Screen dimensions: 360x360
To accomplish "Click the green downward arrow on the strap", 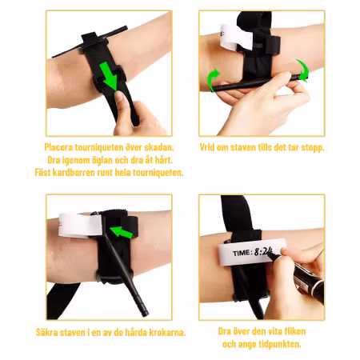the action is pos(110,76).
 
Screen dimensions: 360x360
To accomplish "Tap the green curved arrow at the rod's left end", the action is pos(212,78).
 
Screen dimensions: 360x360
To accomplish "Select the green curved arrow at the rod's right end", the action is pos(303,70).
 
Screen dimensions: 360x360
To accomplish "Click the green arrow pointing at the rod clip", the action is pos(122,232).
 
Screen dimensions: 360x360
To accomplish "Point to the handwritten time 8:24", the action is pos(263,251).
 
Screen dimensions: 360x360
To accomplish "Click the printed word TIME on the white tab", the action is pos(242,253).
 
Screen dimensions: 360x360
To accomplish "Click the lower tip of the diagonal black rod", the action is pos(146,314).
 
